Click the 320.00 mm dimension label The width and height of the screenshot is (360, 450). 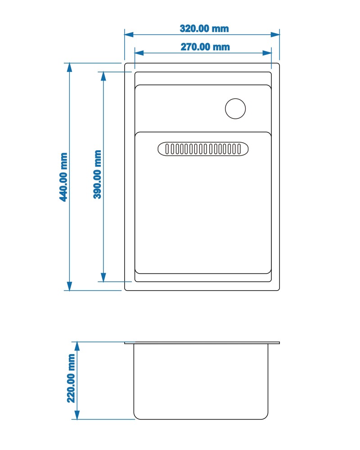pos(204,28)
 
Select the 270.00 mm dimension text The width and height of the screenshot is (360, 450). pos(205,47)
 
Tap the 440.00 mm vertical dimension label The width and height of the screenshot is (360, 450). pos(63,177)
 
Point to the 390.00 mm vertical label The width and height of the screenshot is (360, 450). pos(97,174)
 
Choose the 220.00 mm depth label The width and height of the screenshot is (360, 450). pos(71,378)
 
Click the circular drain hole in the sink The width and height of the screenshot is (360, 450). pos(235,109)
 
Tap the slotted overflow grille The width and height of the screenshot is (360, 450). pos(203,149)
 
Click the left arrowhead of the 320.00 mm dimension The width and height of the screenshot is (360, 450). pos(129,35)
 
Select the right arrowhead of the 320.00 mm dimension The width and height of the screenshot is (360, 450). pos(275,35)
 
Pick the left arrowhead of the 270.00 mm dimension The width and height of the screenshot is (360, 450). pos(139,53)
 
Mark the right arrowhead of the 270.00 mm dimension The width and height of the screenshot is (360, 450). pos(267,53)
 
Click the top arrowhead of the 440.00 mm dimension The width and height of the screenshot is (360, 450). pos(69,68)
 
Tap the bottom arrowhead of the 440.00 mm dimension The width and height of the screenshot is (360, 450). pos(69,286)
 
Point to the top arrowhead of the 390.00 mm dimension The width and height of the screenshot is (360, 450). pos(103,76)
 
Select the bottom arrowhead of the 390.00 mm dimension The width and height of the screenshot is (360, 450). pos(103,277)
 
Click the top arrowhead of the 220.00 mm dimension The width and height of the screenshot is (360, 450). pos(77,346)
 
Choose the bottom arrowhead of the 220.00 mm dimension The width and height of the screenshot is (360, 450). pos(77,415)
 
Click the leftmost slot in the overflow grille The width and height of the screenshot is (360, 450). pos(167,149)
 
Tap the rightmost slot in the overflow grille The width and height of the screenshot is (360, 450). pos(239,149)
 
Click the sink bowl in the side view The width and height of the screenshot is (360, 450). pos(201,382)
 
